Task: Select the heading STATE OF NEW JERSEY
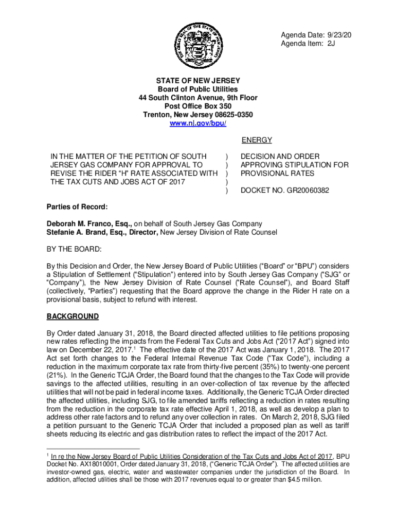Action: (x=198, y=81)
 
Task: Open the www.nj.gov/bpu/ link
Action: (x=198, y=123)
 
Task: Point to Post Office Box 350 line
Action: (x=198, y=106)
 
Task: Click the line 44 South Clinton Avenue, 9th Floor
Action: (x=198, y=98)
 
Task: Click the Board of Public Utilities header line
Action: (x=198, y=89)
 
